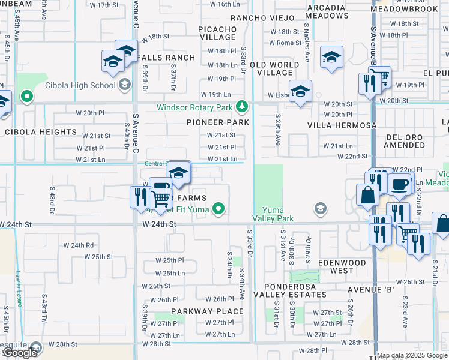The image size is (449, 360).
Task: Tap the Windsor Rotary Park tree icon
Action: tap(242, 107)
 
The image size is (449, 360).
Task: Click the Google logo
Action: tap(19, 353)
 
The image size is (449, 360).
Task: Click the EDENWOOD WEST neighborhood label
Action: tap(343, 267)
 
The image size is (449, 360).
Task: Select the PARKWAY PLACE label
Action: tap(207, 311)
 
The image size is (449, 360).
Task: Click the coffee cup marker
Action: tap(399, 184)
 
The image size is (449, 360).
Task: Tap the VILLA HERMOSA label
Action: tap(342, 125)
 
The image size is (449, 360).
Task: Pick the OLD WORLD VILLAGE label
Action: tap(275, 68)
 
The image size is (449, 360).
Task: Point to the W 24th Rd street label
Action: tap(82, 245)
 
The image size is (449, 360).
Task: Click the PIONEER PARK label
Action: tap(218, 122)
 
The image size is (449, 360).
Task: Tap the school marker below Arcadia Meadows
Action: tap(330, 58)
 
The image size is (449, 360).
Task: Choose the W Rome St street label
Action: tap(285, 43)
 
